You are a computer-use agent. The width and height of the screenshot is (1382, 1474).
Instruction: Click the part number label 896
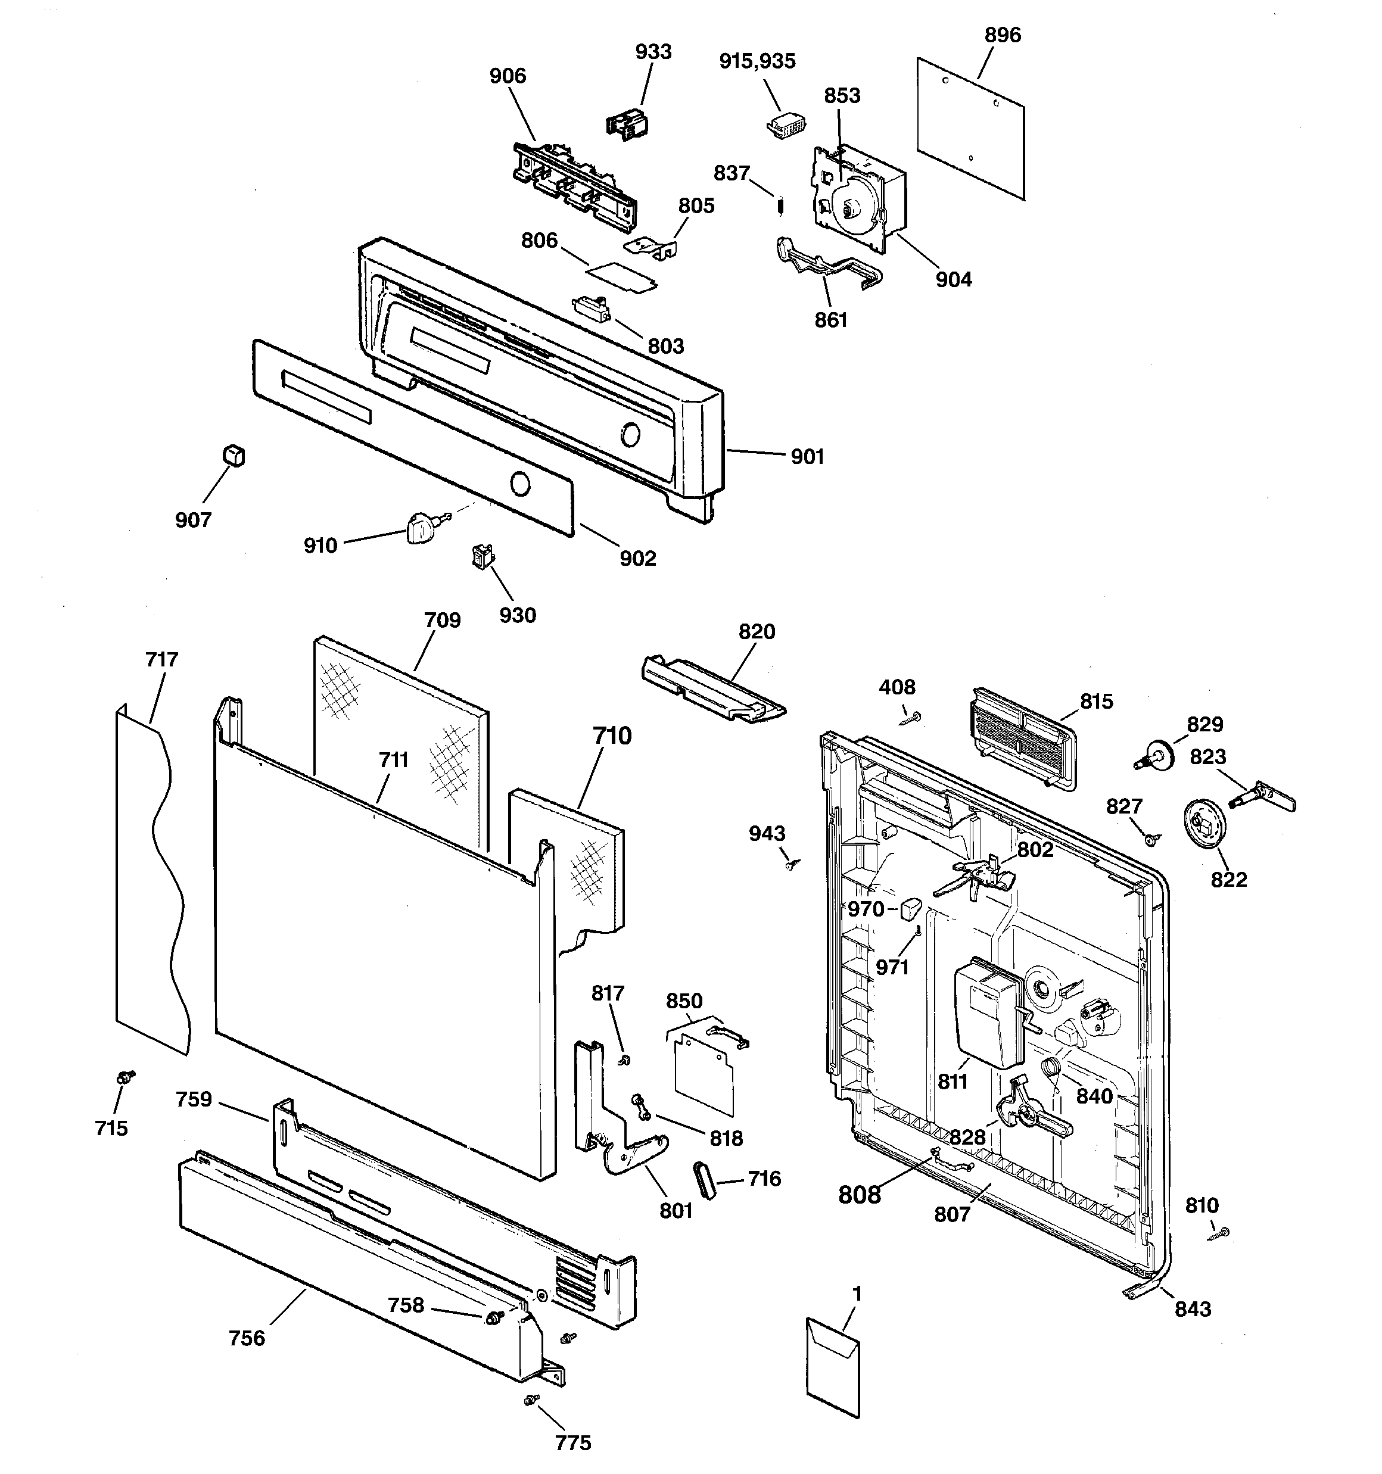click(1002, 35)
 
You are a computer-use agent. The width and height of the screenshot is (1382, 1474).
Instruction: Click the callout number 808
click(859, 1195)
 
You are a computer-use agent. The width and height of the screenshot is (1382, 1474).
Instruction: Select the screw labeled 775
click(530, 1399)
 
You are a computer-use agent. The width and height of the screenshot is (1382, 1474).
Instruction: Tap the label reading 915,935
click(757, 61)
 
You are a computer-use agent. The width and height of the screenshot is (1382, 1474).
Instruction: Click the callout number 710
click(611, 736)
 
